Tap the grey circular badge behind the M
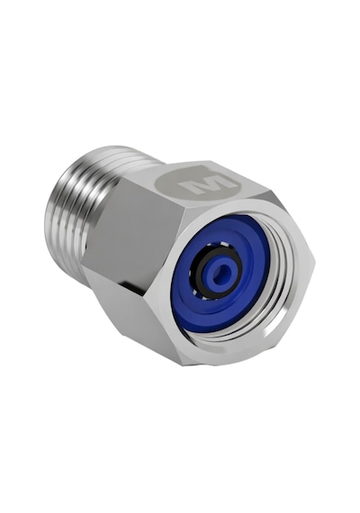tap(201, 184)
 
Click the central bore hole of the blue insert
tap(220, 275)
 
